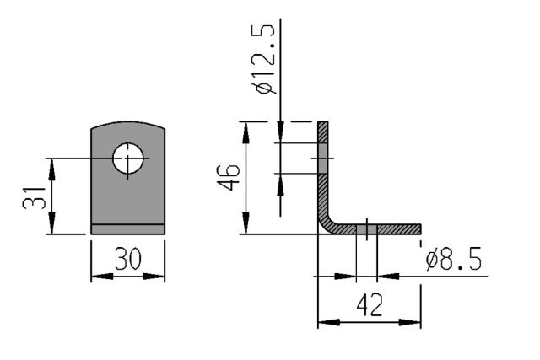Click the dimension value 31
tap(34, 198)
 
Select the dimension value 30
tap(128, 259)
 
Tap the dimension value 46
tap(229, 177)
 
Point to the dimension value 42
tap(370, 305)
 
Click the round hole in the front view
tap(127, 159)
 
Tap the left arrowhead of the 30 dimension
tap(102, 276)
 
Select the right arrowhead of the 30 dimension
tap(154, 276)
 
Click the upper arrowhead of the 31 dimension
tap(51, 169)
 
